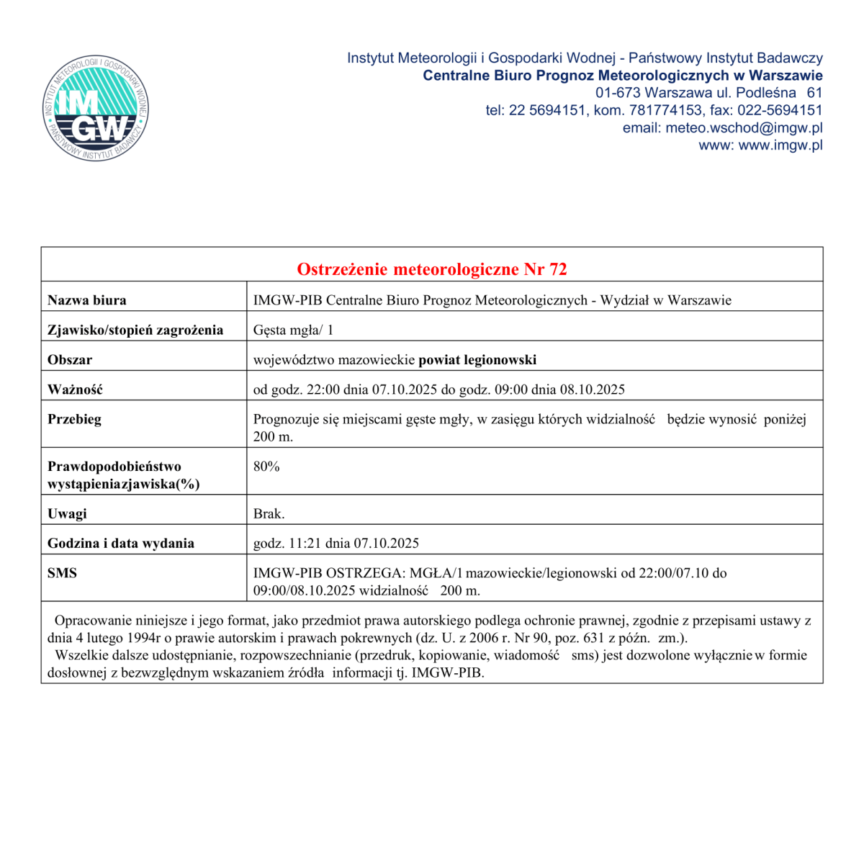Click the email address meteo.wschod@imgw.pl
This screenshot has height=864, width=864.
click(744, 128)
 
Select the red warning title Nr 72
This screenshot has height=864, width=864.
click(432, 269)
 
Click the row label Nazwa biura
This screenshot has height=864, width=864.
click(87, 300)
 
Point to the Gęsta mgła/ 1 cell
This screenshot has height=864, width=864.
click(293, 330)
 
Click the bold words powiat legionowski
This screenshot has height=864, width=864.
click(477, 360)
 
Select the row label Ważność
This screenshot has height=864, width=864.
click(75, 390)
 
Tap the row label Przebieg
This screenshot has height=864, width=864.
click(74, 419)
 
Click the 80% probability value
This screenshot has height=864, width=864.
click(266, 467)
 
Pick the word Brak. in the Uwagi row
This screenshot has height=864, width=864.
click(269, 514)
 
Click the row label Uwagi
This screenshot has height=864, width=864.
click(67, 514)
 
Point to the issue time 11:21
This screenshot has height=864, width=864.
click(305, 544)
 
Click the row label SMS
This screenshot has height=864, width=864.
click(62, 573)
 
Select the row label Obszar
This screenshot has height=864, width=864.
click(70, 360)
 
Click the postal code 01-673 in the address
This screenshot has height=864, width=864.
click(617, 93)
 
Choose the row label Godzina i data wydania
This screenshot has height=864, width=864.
click(121, 544)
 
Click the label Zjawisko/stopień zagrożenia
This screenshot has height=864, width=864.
click(135, 330)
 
